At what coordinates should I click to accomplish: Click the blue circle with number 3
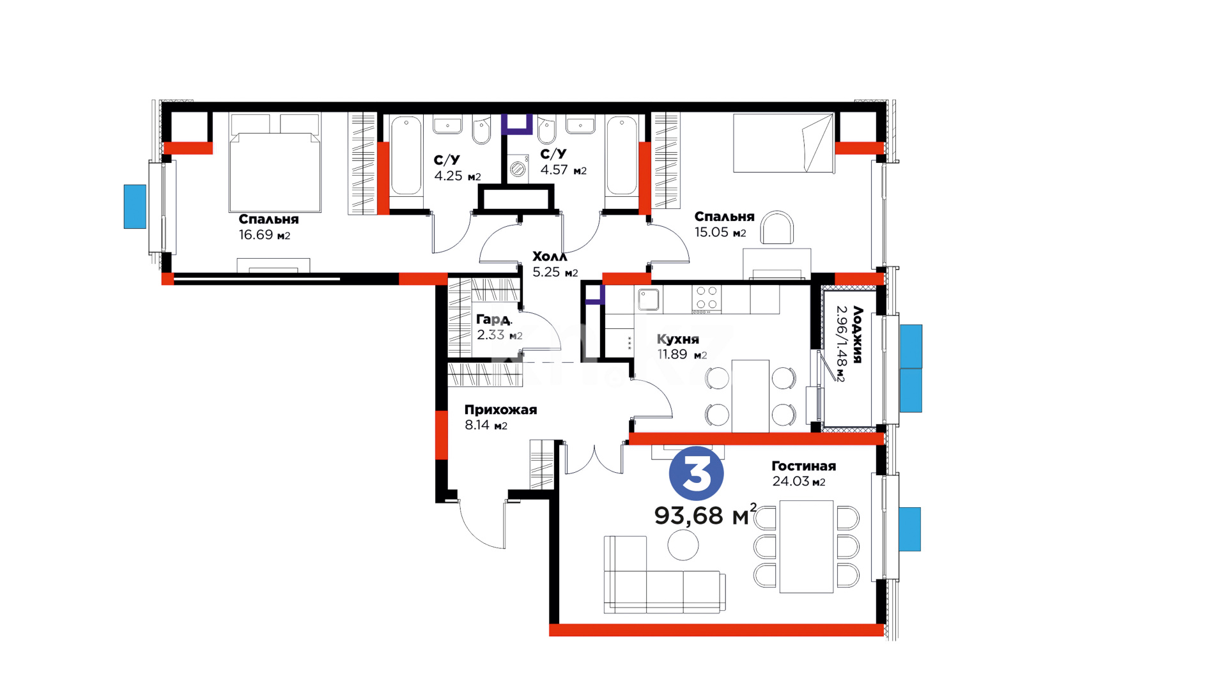tap(696, 473)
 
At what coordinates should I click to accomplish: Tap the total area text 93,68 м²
tap(706, 515)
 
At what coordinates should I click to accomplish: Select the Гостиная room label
tap(803, 466)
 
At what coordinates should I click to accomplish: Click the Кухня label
tap(678, 339)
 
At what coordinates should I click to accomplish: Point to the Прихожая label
tap(500, 410)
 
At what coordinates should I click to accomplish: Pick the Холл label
tap(550, 256)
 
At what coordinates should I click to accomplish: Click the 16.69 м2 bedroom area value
tap(265, 235)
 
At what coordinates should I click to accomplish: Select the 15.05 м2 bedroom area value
tap(720, 233)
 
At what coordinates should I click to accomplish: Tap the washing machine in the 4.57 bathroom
tap(518, 169)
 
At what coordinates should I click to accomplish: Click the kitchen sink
tap(649, 299)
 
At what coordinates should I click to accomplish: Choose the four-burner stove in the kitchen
tap(707, 299)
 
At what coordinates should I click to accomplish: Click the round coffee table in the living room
tap(683, 546)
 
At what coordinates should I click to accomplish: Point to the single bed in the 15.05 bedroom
tap(783, 143)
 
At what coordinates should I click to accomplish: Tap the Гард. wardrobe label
tap(493, 319)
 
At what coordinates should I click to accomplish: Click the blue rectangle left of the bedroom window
tap(135, 206)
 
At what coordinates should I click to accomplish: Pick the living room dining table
tap(806, 547)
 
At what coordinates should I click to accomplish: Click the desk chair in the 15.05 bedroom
tap(777, 228)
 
